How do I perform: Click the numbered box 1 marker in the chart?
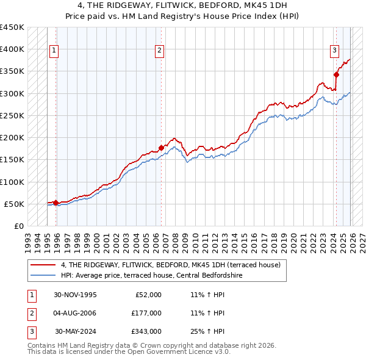coord(54,51)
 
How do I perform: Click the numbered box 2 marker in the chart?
coord(159,51)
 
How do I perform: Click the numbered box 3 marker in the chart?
coord(335,51)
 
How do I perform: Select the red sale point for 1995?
coord(56,203)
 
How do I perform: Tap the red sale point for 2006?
coord(161,147)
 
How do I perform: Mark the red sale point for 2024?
coord(336,74)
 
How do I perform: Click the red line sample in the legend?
coord(44,265)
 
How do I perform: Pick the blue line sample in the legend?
coord(44,276)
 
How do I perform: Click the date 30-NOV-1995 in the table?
coord(76,295)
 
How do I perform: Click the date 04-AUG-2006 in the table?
coord(76,313)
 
